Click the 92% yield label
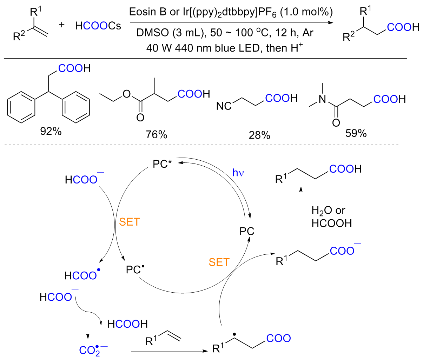[x=51, y=131]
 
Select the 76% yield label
[x=156, y=135]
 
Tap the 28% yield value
[x=259, y=135]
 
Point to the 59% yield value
[x=356, y=133]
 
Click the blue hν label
[x=238, y=173]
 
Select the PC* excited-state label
[x=162, y=164]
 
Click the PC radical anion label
[x=139, y=269]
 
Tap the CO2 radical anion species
[x=93, y=350]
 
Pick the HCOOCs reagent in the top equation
[x=98, y=26]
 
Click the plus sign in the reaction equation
[x=61, y=25]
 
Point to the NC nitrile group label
[x=224, y=106]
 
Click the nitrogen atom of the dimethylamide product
[x=322, y=99]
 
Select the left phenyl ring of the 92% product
[x=21, y=107]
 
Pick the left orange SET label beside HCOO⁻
[x=129, y=222]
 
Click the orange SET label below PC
[x=219, y=262]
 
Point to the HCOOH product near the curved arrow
[x=127, y=324]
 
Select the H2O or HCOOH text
[x=331, y=217]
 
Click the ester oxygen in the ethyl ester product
[x=126, y=94]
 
